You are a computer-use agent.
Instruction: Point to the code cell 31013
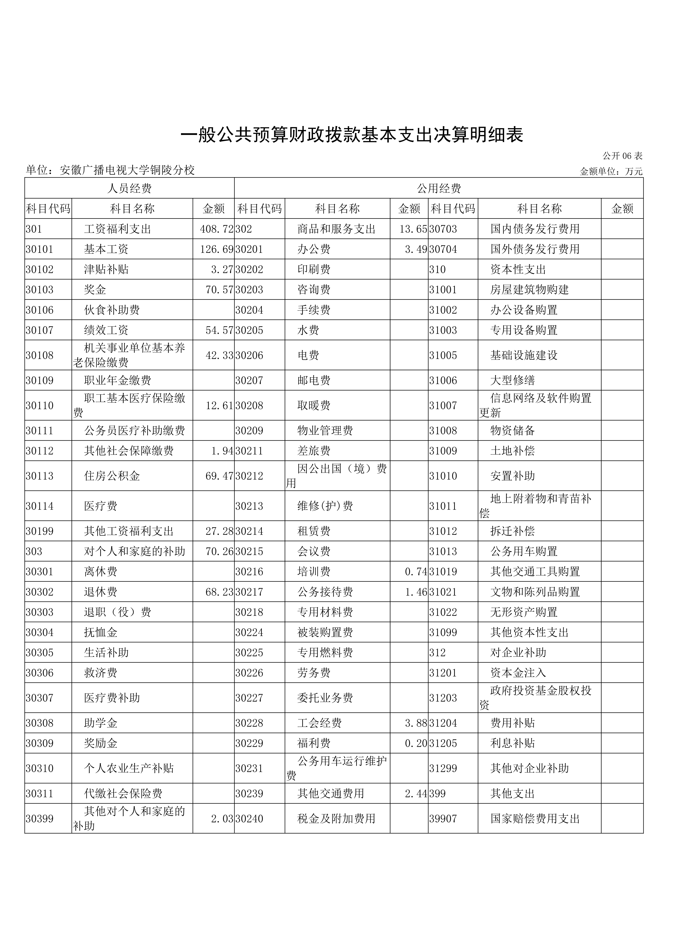(443, 551)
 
